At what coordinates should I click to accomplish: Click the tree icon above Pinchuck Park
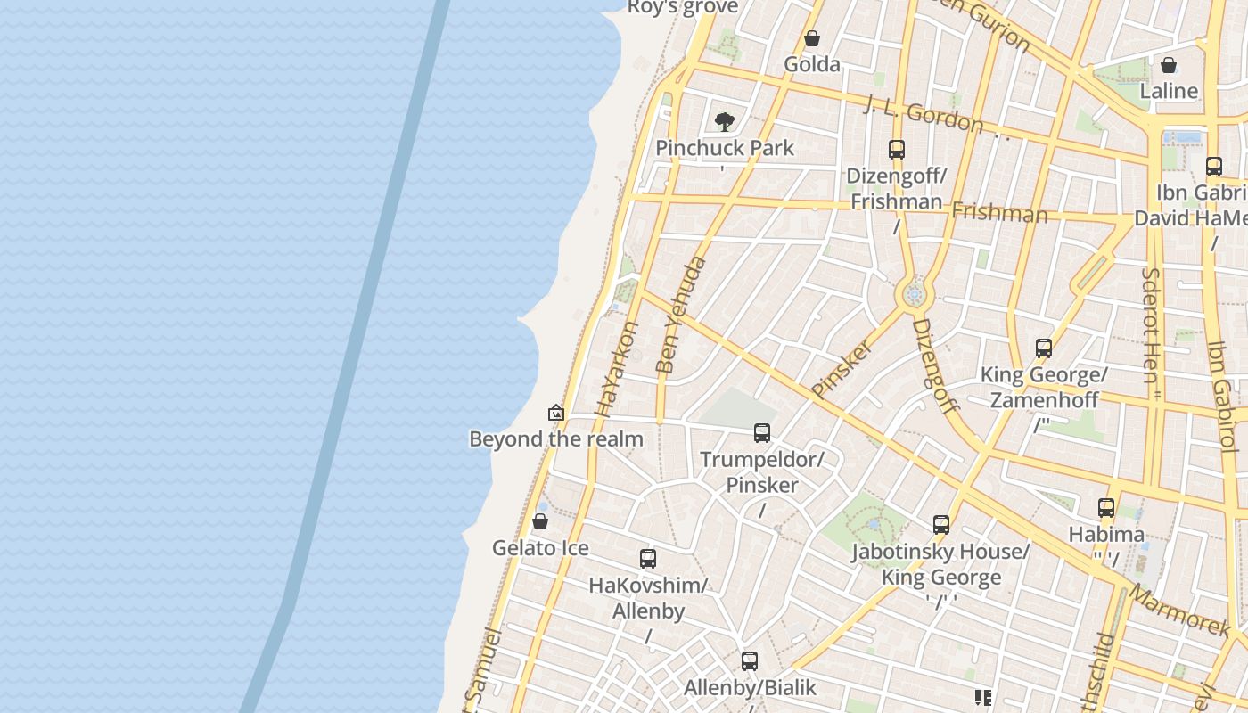(725, 121)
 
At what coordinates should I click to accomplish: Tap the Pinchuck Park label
(725, 148)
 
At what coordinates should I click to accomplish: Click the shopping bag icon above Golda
(812, 38)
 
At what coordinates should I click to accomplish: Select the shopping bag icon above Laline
(1168, 65)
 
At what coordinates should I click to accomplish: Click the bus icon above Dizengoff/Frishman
(897, 149)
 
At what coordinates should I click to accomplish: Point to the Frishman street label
(999, 213)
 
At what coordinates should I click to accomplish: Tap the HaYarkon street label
(616, 369)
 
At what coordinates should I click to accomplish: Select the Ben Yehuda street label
(681, 314)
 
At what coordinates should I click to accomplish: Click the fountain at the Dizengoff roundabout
(914, 294)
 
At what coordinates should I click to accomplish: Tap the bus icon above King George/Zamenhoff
(1044, 348)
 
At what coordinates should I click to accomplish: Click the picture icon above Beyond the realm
(556, 413)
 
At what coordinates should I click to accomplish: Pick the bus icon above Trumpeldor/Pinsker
(762, 433)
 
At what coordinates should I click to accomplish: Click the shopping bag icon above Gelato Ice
(540, 521)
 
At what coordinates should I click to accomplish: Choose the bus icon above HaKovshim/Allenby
(648, 559)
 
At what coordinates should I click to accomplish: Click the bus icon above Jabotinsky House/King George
(941, 525)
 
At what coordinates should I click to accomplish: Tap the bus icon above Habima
(1106, 508)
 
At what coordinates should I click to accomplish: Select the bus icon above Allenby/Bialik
(750, 661)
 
